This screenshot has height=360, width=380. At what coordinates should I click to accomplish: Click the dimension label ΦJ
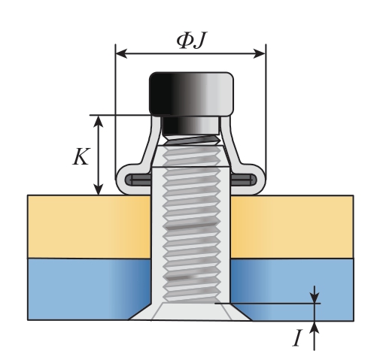[x=192, y=41]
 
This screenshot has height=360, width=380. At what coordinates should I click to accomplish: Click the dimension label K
[x=81, y=156]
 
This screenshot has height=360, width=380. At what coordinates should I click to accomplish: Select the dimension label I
[x=297, y=338]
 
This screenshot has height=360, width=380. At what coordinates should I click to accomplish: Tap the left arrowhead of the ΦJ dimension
[x=121, y=53]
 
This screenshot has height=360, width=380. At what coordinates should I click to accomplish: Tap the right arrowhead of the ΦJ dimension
[x=260, y=53]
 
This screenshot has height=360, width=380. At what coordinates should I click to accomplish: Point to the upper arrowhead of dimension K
[x=99, y=121]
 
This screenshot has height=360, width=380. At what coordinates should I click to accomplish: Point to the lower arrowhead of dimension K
[x=99, y=189]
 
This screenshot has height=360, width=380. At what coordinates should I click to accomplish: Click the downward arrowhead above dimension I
[x=315, y=298]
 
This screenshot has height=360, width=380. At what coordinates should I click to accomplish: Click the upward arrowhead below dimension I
[x=315, y=327]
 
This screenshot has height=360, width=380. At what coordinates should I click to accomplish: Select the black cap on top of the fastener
[x=191, y=94]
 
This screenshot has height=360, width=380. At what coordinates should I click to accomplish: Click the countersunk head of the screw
[x=190, y=311]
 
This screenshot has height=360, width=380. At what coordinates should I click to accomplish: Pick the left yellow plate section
[x=90, y=226]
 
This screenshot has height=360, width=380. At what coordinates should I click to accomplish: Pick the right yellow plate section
[x=292, y=226]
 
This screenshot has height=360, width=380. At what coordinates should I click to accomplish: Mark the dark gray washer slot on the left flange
[x=138, y=180]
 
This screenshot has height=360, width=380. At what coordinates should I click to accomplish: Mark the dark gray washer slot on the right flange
[x=243, y=180]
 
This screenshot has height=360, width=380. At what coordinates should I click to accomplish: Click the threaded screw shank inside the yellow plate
[x=191, y=226]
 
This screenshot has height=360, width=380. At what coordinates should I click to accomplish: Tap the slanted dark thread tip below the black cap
[x=192, y=140]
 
